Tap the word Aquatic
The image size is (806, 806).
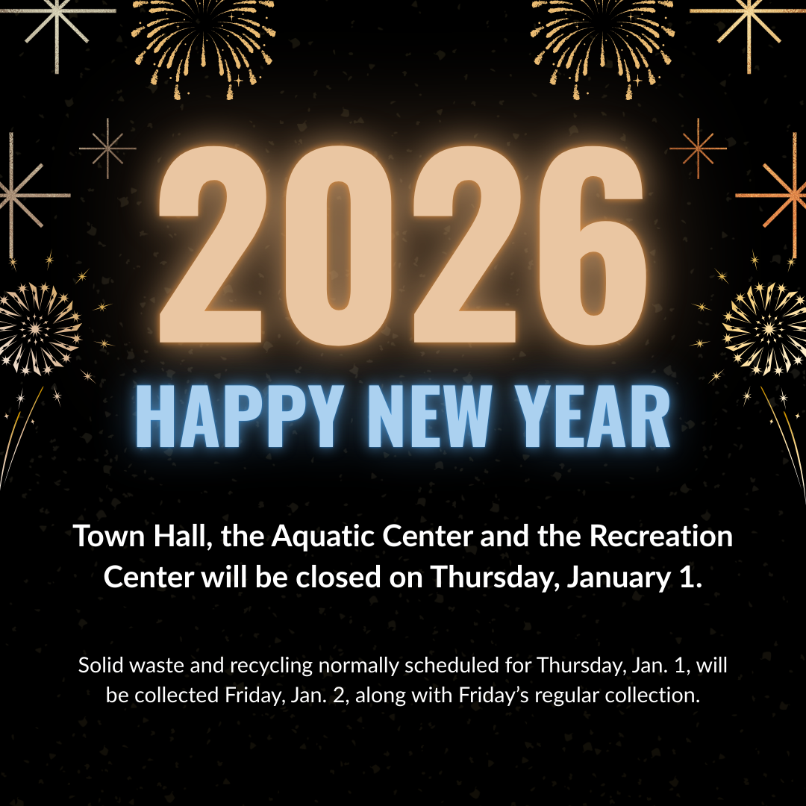[x=330, y=537]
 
